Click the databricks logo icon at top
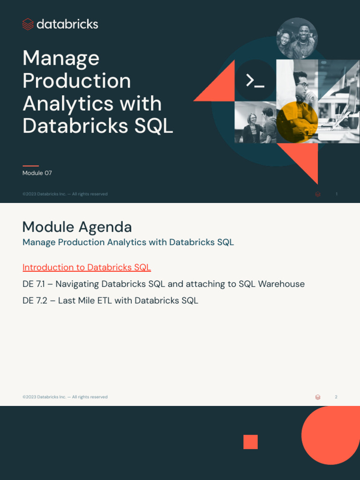(28, 24)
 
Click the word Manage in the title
(61, 59)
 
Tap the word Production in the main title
(76, 81)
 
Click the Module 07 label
(37, 173)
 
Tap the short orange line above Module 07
(30, 165)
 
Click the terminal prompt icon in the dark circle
(255, 81)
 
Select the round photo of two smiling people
(297, 38)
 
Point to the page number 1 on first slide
(337, 194)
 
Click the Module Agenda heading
(77, 227)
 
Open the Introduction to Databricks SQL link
(87, 268)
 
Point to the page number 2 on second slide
(336, 397)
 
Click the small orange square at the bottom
(250, 442)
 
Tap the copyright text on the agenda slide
(65, 397)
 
